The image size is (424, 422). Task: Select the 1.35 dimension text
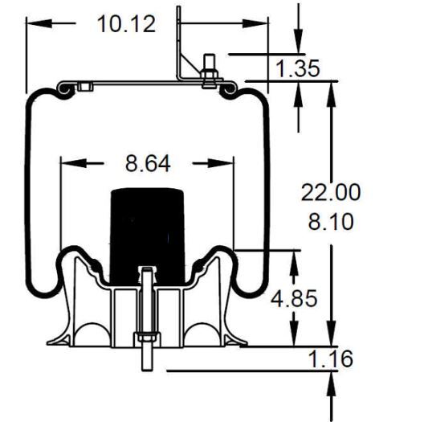(298, 68)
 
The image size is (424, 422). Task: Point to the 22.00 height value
(331, 192)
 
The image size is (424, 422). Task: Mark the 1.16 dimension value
(331, 358)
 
